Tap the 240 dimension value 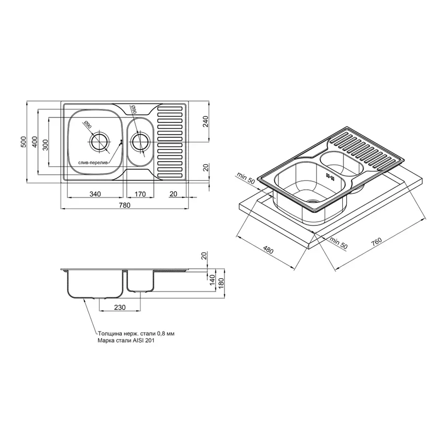click(206, 121)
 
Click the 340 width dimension click(95, 194)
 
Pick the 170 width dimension click(140, 194)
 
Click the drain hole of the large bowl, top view click(100, 142)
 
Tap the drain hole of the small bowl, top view click(140, 142)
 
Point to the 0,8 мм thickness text click(163, 334)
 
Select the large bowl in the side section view click(94, 284)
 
